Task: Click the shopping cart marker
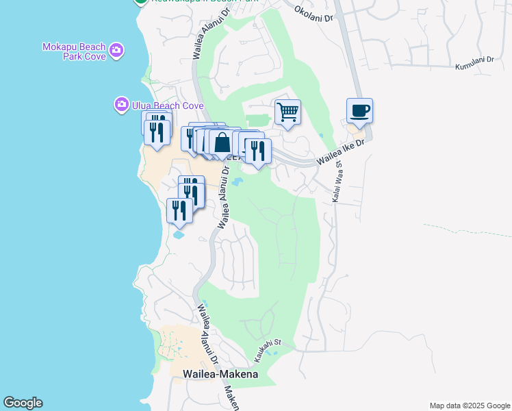pos(287,112)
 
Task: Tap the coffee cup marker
pos(359,110)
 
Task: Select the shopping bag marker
pos(222,143)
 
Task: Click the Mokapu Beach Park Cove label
pos(75,51)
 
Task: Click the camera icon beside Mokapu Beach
pos(116,49)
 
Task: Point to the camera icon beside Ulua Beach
pos(121,105)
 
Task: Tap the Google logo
pos(23,403)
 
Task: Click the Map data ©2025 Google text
pos(469,406)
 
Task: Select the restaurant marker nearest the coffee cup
pos(258,151)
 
